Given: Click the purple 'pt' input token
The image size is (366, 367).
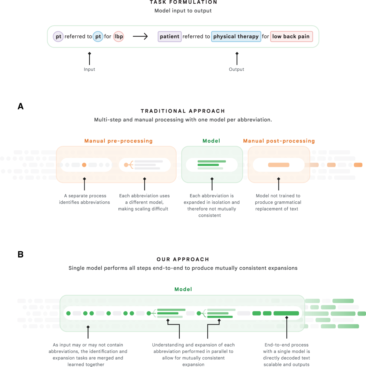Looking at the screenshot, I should click(58, 37).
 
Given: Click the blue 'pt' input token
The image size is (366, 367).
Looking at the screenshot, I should click(98, 37).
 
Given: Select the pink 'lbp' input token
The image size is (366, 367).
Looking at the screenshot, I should click(119, 37).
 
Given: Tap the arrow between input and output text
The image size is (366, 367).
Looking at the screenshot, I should click(140, 37).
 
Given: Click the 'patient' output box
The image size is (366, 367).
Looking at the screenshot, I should click(170, 37).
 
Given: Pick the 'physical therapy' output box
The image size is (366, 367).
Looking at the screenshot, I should click(236, 37).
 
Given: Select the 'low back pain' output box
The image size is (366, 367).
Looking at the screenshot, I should click(291, 37).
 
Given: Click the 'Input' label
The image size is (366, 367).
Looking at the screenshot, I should click(89, 69).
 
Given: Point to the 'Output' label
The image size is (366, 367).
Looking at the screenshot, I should click(236, 69).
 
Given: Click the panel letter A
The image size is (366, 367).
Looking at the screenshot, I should click(20, 106).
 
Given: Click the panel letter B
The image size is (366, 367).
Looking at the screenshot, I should click(20, 254).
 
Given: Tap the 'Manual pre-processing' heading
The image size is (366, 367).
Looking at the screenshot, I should click(118, 141).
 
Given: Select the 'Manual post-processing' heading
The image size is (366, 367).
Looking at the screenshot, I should click(279, 141).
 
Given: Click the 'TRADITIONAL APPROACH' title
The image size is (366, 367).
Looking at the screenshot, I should click(183, 111).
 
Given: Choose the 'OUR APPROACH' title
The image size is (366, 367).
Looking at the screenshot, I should click(183, 259).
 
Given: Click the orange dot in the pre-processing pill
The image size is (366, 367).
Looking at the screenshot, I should click(84, 165).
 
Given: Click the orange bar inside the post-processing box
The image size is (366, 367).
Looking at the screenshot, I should click(278, 165).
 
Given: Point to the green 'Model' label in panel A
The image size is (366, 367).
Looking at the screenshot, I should click(211, 141).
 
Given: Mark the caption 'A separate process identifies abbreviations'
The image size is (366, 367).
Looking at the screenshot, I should click(84, 199).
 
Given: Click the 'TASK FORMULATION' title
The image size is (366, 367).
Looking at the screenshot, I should click(183, 2).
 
